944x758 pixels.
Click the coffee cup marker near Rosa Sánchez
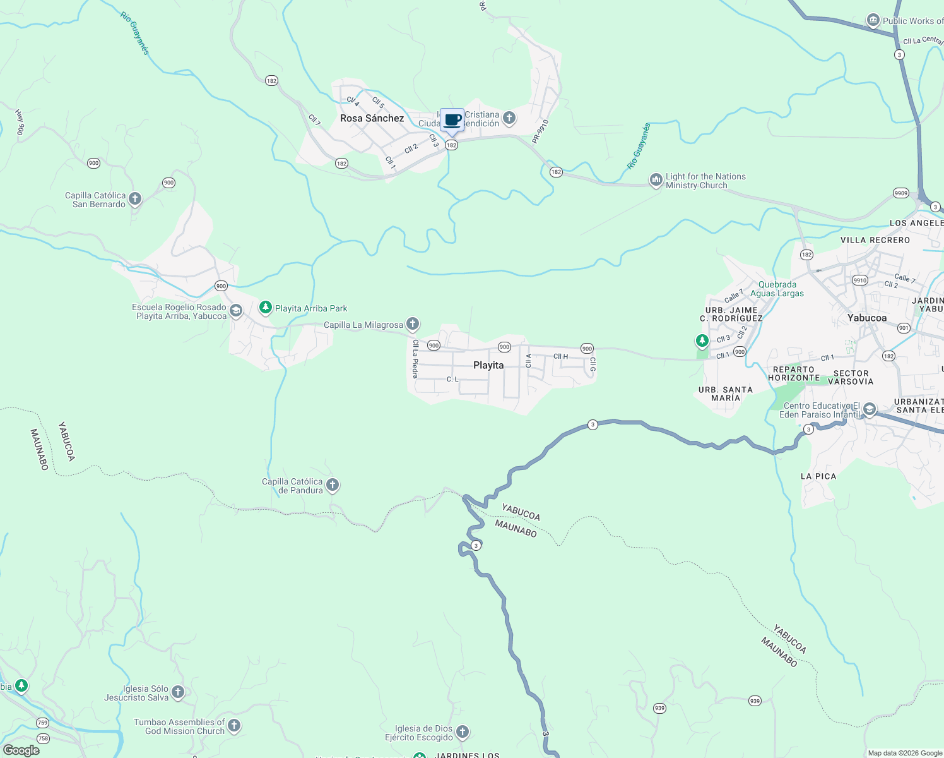[x=452, y=119]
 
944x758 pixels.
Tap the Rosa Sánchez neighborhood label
[x=372, y=118]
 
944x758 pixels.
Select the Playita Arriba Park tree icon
[x=266, y=308]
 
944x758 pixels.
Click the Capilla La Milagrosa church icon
[x=413, y=324]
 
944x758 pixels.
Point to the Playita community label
[x=488, y=365]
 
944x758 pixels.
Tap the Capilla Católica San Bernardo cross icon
[x=135, y=199]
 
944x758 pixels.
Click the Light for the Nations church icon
[x=656, y=181]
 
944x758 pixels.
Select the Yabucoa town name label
[x=867, y=318]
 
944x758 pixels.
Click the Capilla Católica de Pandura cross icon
[x=333, y=485]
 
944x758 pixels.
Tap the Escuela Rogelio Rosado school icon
[x=236, y=310]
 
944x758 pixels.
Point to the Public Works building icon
[x=873, y=20]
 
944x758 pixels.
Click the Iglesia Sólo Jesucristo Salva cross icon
[x=178, y=692]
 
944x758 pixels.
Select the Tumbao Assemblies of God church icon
[x=234, y=726]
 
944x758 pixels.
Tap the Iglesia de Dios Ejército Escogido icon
[x=463, y=732]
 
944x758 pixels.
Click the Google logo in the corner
[x=21, y=750]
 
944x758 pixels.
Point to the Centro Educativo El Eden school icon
[x=869, y=409]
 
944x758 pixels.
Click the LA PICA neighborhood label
[x=818, y=476]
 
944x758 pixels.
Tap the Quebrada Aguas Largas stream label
[x=777, y=289]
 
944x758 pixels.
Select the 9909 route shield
[x=900, y=193]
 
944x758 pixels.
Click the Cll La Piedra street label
[x=415, y=359]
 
